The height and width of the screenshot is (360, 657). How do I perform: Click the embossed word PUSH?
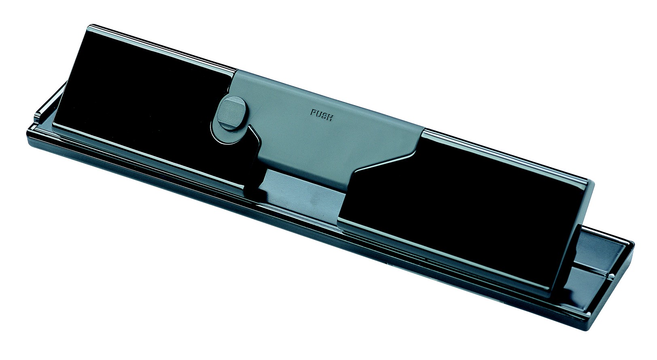tap(322, 115)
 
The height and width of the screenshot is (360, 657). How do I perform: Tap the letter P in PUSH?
tap(313, 112)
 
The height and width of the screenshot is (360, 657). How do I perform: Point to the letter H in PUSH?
tap(330, 118)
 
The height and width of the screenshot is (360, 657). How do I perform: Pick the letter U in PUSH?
tap(318, 114)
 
